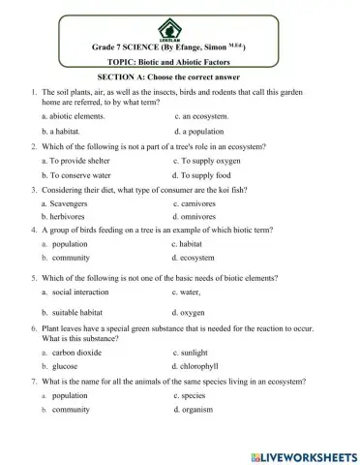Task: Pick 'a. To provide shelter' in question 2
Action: click(x=79, y=161)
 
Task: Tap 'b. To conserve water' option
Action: click(x=80, y=175)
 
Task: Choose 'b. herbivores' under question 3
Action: click(x=70, y=217)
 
